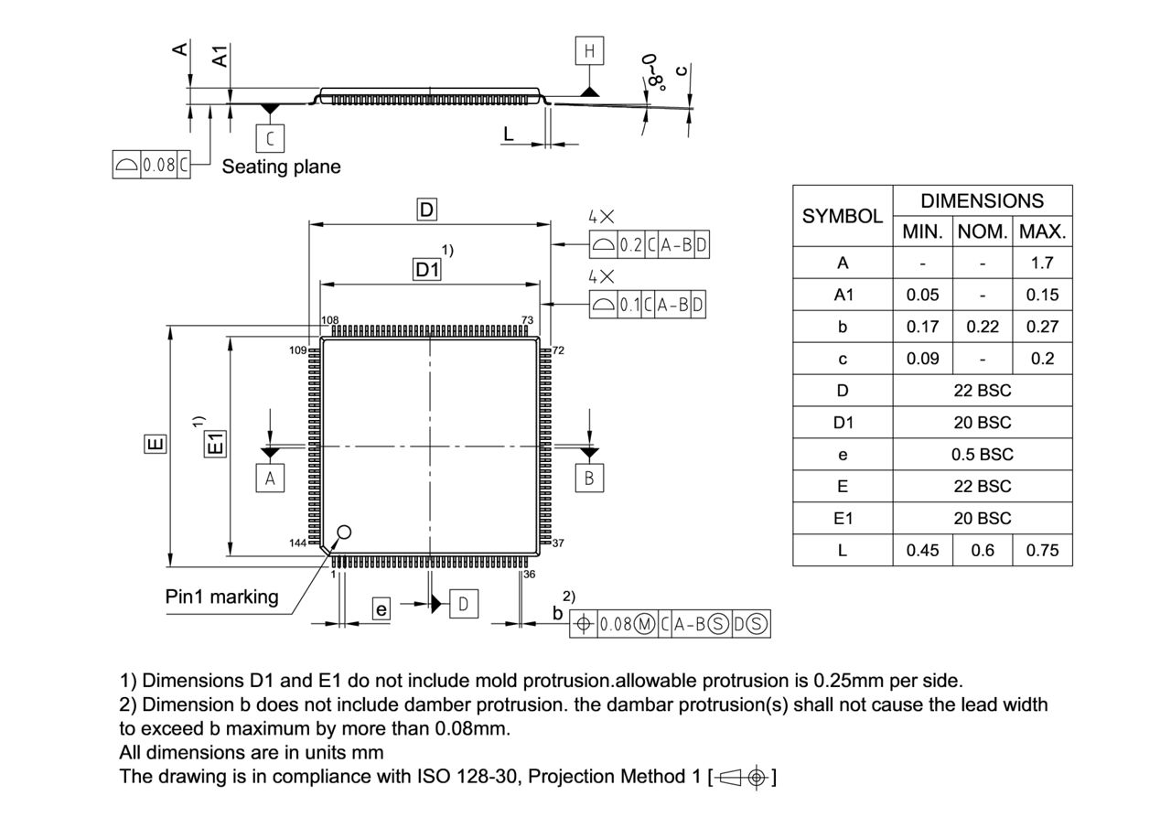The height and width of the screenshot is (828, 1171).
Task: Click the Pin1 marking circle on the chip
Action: (x=344, y=532)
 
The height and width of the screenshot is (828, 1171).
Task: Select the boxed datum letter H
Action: (x=589, y=51)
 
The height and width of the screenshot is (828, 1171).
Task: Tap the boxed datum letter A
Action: (x=270, y=478)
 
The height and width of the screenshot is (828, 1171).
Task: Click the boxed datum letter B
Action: (x=589, y=478)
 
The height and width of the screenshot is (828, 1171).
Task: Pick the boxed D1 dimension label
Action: (x=427, y=270)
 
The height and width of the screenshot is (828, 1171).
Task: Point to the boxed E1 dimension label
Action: (x=215, y=446)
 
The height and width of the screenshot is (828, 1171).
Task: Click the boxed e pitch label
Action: (x=381, y=609)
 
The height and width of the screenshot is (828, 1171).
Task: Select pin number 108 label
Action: (x=330, y=321)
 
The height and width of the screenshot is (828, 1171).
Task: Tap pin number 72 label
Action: (x=558, y=350)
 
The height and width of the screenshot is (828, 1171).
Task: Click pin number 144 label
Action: (x=297, y=543)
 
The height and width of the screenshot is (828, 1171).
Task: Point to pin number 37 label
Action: (x=558, y=543)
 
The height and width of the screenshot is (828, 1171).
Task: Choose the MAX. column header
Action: (x=1042, y=231)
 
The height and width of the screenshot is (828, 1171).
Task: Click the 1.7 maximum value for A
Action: (x=1042, y=263)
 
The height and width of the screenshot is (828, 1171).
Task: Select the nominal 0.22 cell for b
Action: (x=982, y=327)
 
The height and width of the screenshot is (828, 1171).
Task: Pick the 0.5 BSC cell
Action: (x=982, y=454)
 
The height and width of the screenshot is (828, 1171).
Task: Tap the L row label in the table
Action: (x=842, y=550)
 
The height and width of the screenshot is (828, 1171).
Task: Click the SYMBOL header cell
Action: (x=842, y=216)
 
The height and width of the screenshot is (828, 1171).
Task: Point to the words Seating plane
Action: (x=281, y=167)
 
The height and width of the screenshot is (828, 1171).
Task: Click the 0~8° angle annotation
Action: (x=653, y=71)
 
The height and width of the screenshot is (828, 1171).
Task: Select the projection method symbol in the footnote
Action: (x=742, y=778)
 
